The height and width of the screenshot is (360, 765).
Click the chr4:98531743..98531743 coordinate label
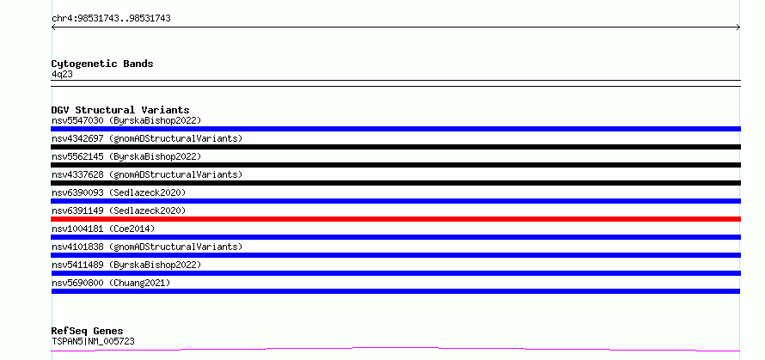111,19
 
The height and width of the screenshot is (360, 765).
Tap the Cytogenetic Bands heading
102,64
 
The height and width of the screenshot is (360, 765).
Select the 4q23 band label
63,75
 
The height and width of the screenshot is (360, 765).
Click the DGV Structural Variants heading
120,110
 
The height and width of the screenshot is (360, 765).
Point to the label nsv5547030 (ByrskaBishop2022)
126,120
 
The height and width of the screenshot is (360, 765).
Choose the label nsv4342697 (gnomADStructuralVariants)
147,138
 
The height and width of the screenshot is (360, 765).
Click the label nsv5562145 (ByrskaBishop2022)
126,156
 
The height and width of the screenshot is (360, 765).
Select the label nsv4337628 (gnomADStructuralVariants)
147,174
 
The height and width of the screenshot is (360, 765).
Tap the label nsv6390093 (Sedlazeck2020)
119,192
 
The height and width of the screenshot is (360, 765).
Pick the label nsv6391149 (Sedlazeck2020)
119,211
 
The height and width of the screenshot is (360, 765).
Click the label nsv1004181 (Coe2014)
103,229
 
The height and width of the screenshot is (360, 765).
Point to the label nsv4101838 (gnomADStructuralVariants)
147,247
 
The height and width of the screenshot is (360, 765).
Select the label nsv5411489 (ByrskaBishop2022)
126,265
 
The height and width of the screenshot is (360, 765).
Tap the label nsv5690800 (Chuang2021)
111,283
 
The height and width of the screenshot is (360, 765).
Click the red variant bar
395,219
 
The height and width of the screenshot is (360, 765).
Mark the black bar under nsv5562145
395,165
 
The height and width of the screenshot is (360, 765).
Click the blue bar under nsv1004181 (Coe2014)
395,237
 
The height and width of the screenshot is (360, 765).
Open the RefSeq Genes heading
88,332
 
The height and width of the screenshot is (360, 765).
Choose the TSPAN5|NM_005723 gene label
93,342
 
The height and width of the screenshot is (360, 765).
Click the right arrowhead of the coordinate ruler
738,27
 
